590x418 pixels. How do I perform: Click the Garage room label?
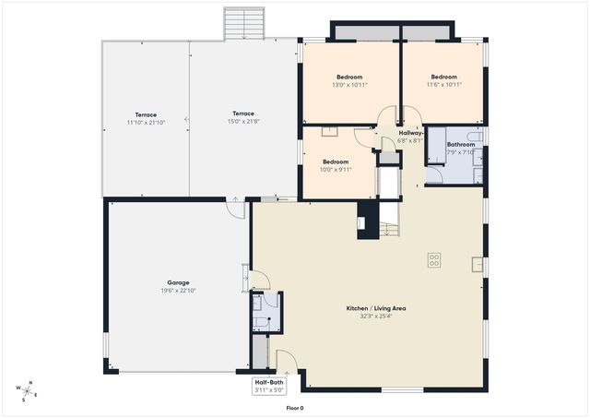(x=179, y=282)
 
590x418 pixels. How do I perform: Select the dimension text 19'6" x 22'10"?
(x=179, y=291)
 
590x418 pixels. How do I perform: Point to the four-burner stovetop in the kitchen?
(x=433, y=260)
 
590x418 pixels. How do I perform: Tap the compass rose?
(x=29, y=391)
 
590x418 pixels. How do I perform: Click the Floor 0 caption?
(x=294, y=408)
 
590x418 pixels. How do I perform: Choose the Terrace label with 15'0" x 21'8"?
(x=243, y=114)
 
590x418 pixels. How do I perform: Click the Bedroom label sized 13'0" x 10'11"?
(x=349, y=77)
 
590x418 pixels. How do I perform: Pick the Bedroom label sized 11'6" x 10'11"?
(x=443, y=77)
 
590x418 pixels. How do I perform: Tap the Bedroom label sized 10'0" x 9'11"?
(x=335, y=161)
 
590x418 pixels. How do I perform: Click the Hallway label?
(x=410, y=133)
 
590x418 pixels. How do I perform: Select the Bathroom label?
(x=460, y=145)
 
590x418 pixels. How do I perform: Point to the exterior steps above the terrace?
(x=243, y=24)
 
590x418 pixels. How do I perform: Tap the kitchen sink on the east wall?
(x=477, y=266)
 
